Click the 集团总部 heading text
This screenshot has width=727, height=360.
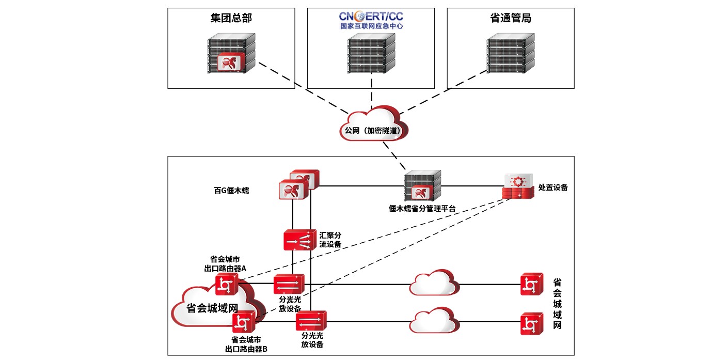click(231, 18)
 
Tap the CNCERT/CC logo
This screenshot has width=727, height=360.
click(371, 16)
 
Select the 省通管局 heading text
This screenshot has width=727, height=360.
click(510, 18)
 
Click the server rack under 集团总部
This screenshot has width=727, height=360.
click(231, 54)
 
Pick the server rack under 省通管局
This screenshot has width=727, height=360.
click(511, 54)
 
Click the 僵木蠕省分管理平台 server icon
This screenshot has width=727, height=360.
click(422, 186)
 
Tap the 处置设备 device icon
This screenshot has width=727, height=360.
click(517, 187)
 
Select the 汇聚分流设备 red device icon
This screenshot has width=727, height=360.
click(299, 240)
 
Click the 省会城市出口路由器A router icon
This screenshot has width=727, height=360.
click(226, 284)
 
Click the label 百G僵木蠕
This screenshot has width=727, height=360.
click(231, 190)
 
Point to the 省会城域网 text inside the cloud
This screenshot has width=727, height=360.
click(212, 308)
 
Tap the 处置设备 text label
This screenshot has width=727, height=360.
click(553, 187)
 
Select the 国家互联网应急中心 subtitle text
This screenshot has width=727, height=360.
click(371, 25)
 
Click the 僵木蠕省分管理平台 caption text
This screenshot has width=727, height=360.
click(422, 209)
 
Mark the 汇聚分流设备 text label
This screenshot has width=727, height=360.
click(330, 240)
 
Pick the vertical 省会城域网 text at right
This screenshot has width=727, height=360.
click(557, 304)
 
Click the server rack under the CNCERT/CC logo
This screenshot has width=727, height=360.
click(371, 54)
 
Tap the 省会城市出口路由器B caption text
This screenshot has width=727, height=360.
click(246, 344)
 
